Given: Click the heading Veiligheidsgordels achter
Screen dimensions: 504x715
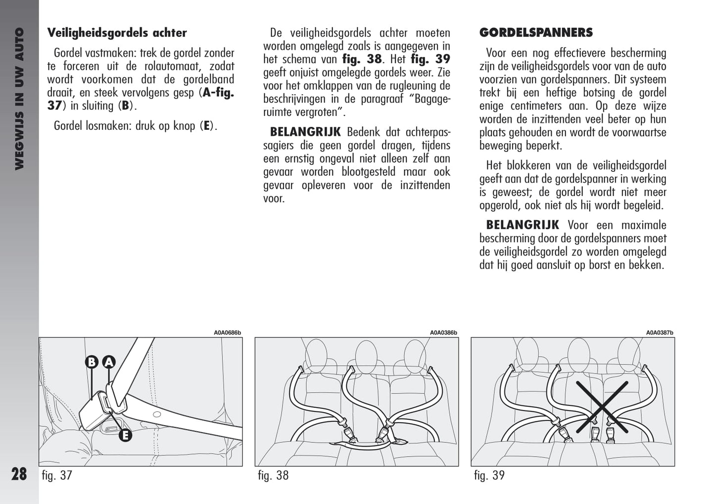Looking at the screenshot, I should click(117, 33).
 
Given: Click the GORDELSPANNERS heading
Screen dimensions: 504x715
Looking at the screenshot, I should click(536, 33).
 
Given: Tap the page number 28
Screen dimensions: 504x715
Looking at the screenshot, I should click(19, 474).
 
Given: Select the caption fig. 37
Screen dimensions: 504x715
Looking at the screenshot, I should click(57, 476).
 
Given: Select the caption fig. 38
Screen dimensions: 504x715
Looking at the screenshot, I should click(273, 476).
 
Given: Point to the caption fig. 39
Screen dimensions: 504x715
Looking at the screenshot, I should click(489, 476).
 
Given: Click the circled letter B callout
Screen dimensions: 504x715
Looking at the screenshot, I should click(92, 362).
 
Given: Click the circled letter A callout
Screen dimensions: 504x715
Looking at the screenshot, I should click(109, 362).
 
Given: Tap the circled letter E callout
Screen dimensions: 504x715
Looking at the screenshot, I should click(125, 436).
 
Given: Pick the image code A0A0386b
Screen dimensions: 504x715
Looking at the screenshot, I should click(443, 333).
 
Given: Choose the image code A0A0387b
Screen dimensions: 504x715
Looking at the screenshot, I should click(659, 333).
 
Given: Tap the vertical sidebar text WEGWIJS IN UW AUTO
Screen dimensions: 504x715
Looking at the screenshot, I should click(19, 99).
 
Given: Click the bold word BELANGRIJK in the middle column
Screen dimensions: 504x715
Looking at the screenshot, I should click(305, 132).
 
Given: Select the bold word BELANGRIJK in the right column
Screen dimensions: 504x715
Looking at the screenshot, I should click(523, 225).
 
